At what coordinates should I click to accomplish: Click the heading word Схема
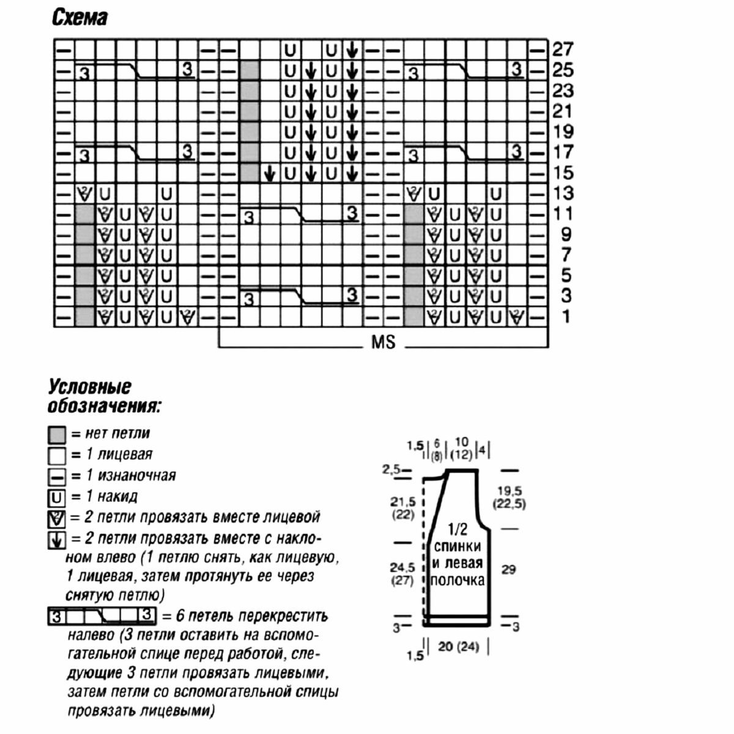80,18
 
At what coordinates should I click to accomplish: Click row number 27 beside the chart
563,49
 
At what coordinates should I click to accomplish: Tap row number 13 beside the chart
563,193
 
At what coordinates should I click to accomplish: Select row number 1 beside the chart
566,317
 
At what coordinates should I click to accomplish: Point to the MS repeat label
384,341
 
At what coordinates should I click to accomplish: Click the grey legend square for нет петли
57,435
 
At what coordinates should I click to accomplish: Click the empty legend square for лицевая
57,456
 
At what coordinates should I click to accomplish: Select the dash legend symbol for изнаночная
57,476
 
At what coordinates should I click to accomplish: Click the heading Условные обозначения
104,396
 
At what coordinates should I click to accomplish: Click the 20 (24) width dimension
459,646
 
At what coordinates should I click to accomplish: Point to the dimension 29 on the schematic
508,569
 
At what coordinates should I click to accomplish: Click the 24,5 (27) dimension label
402,574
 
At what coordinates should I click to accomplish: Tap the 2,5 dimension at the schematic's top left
391,470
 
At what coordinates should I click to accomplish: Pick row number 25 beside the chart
563,70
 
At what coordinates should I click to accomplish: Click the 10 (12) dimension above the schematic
462,448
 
